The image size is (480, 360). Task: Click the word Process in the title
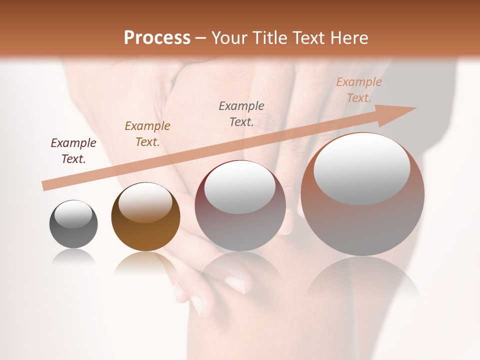pos(157,38)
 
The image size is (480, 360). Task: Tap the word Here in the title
pos(347,38)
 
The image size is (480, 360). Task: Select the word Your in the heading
pos(228,38)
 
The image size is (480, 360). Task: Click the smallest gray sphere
pos(73,224)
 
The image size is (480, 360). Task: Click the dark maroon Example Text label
pos(73,151)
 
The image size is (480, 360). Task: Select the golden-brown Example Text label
pos(147,134)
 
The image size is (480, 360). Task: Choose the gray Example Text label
pos(241,114)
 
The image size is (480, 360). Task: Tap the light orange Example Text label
pos(359,90)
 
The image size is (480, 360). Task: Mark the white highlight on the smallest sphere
pos(73,213)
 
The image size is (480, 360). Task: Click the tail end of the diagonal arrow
pos(45,186)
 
